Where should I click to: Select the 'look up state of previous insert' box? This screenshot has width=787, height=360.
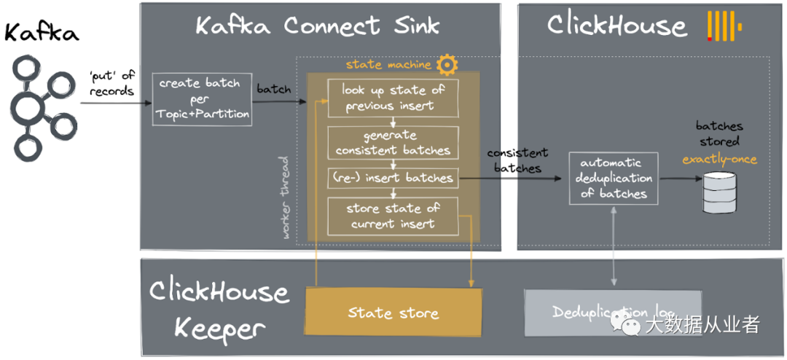393,98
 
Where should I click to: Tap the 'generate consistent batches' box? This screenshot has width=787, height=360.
393,143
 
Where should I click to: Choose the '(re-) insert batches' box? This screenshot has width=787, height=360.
393,177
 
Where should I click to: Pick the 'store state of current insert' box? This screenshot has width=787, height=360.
393,216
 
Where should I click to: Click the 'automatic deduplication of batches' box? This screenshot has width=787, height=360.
614,178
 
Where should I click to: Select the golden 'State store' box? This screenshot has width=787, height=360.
393,313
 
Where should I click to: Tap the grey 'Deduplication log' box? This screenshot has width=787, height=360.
613,313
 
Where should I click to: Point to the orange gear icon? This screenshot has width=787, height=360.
447,64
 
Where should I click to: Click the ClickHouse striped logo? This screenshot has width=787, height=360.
723,26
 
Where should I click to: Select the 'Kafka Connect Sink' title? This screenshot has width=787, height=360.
318,26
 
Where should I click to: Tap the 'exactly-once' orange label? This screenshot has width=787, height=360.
720,158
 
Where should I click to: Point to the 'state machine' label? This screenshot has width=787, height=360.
388,64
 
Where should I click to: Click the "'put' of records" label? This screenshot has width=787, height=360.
111,84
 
